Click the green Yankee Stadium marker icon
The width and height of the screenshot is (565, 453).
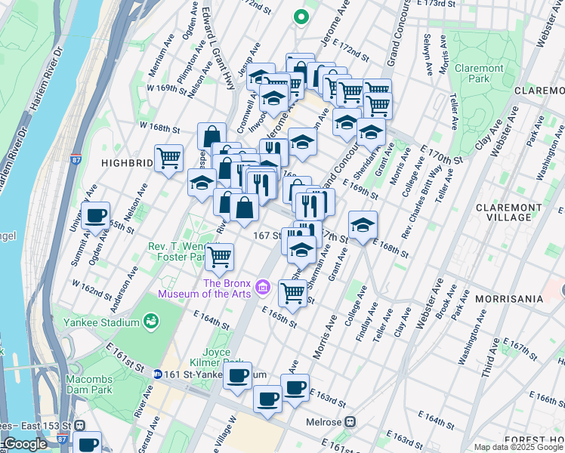click(150, 322)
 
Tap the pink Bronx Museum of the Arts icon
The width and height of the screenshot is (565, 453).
click(262, 286)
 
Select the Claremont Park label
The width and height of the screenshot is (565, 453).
click(479, 73)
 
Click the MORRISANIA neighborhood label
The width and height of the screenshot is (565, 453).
click(509, 299)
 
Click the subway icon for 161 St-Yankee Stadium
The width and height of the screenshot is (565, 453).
click(157, 374)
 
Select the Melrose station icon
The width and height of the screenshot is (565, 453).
click(350, 423)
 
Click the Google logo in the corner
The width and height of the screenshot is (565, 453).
click(26, 444)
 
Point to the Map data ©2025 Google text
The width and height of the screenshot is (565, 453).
click(517, 447)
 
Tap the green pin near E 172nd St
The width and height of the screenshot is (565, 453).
click(301, 17)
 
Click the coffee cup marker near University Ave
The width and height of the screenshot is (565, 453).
click(96, 216)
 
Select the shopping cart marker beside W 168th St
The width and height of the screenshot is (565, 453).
click(169, 158)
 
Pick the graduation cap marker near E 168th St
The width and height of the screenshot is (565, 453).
click(363, 225)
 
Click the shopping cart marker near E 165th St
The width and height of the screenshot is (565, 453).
click(292, 292)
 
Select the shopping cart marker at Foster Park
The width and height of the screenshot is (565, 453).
click(220, 257)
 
